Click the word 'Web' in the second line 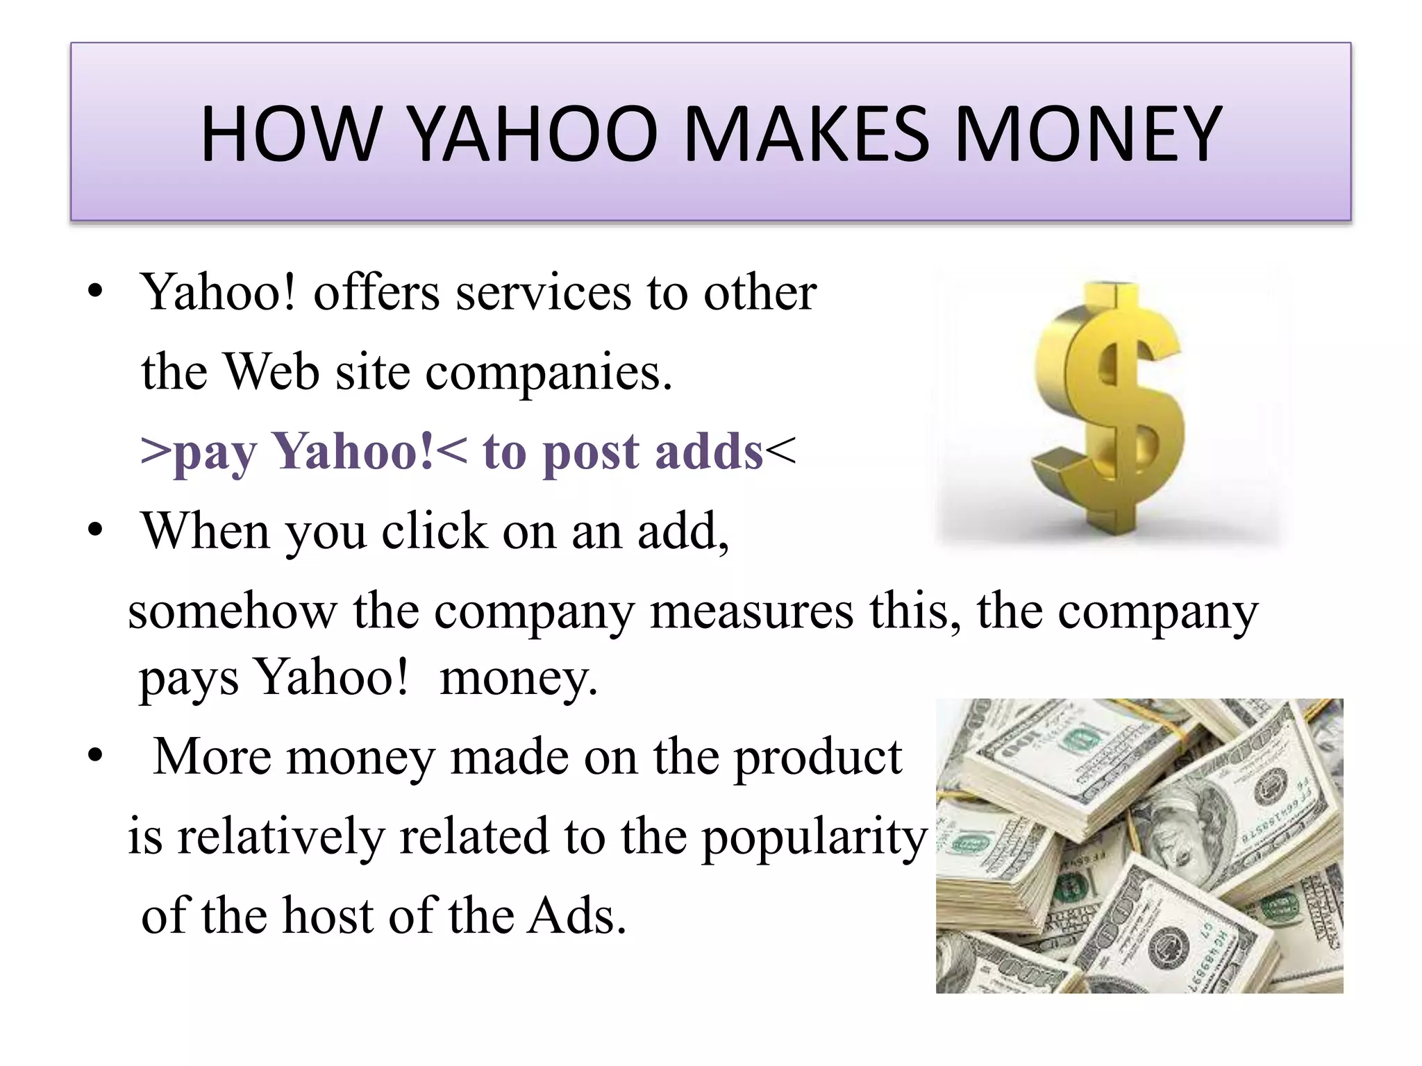pos(271,373)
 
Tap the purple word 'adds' pos(709,452)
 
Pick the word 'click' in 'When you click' pos(434,532)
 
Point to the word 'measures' pos(751,611)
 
